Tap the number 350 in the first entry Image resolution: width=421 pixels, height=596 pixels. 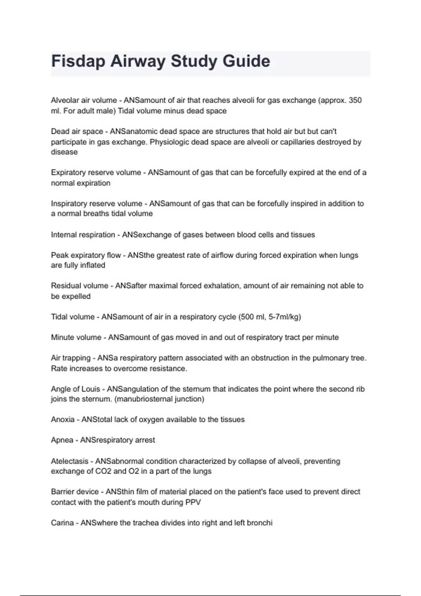pos(355,100)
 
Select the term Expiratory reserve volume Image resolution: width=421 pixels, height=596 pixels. pos(96,172)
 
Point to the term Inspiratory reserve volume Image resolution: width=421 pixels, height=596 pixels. pos(96,204)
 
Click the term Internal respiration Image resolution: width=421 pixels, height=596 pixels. pos(83,235)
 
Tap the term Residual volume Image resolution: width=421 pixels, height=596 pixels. pos(80,286)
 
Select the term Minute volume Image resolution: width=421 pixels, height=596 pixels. pos(76,337)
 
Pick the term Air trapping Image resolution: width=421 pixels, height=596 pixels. pos(71,358)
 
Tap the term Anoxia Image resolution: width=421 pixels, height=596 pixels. pos(63,420)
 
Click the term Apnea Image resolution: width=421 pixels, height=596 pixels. pos(62,440)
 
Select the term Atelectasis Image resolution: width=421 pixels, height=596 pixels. pos(69,461)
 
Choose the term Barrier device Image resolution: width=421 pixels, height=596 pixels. pos(75,492)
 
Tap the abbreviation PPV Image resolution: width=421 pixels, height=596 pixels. pos(193,502)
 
